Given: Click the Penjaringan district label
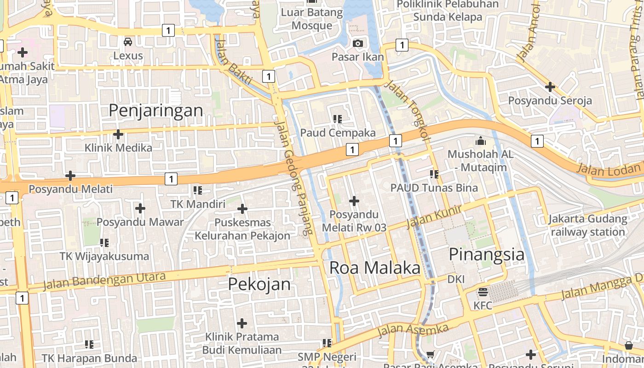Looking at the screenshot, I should point(155,110).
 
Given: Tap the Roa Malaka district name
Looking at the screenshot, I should point(375,268).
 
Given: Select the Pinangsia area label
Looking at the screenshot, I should point(486,254).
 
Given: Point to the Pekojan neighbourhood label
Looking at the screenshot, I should point(259,284).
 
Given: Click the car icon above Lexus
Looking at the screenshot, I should point(128,42).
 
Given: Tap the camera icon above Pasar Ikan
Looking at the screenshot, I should point(357,43).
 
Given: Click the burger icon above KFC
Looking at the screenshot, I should point(483,292).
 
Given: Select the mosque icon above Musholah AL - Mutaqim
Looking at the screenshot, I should point(481,140).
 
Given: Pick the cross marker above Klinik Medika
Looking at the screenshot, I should point(118,134).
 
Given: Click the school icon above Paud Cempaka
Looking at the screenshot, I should point(338,119).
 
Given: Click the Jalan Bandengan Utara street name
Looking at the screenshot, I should point(104,281).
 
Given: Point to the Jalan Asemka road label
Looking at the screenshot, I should point(413,330).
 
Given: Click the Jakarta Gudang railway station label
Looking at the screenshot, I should point(588,225).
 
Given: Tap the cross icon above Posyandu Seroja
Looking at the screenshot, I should point(550,86).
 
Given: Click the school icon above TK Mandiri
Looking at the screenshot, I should point(198,190).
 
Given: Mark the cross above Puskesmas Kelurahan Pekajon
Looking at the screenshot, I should point(242,209).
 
